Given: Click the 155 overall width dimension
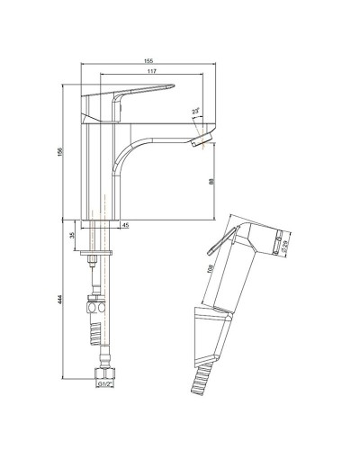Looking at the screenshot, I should (147, 60).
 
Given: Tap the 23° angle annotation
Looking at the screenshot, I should (195, 112).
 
